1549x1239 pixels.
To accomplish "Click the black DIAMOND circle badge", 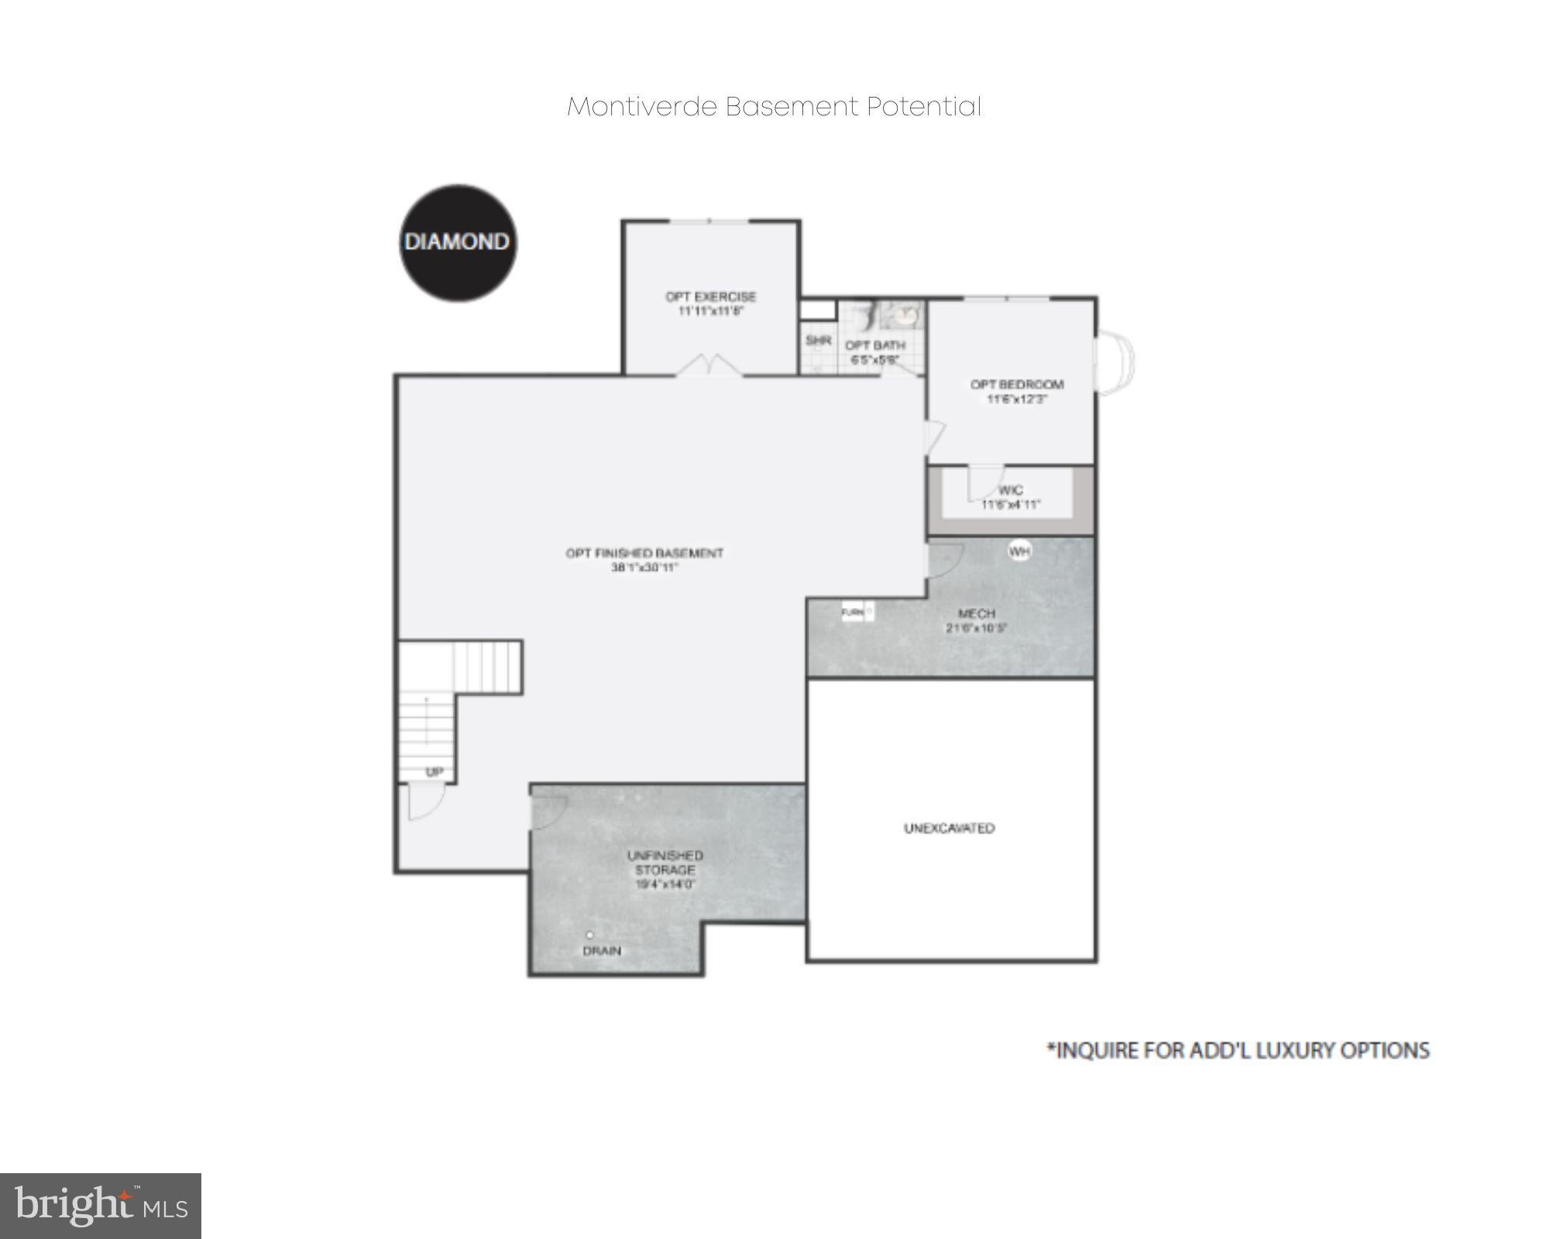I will pos(458,242).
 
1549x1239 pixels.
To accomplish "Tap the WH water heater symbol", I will pos(1019,551).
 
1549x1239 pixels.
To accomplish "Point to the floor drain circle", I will pos(589,935).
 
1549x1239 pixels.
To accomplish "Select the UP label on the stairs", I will pos(434,772).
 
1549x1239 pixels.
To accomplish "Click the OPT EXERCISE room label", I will pos(710,297).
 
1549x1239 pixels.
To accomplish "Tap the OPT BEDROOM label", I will pos(1016,384).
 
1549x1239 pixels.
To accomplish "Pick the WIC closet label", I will pos(1011,490).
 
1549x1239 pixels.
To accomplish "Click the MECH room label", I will pos(976,613).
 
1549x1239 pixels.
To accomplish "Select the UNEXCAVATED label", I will pos(949,828).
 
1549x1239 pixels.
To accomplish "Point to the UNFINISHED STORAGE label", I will pos(665,863).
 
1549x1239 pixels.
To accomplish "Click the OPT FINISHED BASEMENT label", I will pos(644,553).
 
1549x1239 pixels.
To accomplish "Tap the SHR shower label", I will pos(818,340).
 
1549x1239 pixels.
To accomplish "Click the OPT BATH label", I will pos(874,345).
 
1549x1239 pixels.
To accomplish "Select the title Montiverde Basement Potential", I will pos(774,107).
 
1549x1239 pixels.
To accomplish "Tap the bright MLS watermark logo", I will pos(101,1206).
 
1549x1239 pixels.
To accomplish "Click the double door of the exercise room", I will pos(709,366).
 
